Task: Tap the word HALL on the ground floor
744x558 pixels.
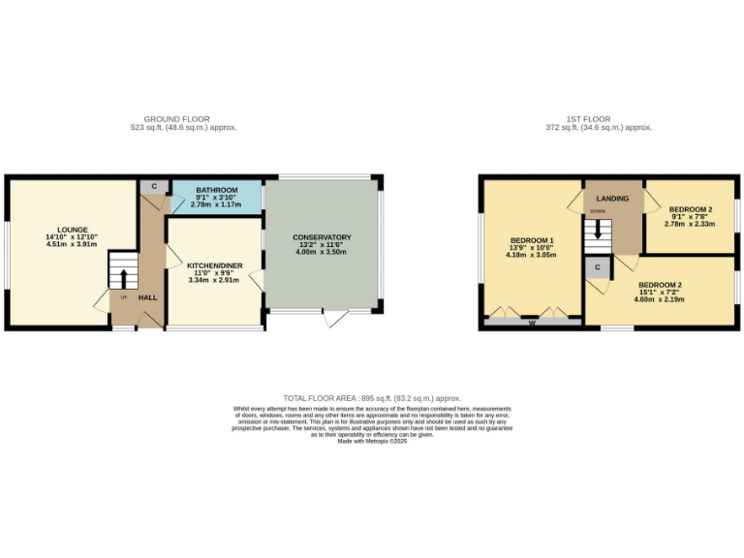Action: [147, 297]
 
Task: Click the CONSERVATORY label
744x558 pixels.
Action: [322, 237]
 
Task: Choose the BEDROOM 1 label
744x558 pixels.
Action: [532, 240]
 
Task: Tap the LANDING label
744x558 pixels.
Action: [612, 199]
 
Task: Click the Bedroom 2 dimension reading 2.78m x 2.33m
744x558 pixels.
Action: [690, 223]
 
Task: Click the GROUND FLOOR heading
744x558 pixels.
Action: [183, 119]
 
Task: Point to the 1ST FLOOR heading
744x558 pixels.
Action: [598, 119]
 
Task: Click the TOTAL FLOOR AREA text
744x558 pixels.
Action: [372, 398]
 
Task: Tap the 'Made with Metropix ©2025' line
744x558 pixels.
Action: [372, 442]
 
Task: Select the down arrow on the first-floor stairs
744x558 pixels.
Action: [599, 232]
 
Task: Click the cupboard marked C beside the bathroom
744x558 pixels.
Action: [154, 186]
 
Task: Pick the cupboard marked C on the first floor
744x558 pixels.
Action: [598, 266]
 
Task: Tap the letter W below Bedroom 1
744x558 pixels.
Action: [532, 323]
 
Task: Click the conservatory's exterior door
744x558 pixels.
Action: [335, 319]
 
